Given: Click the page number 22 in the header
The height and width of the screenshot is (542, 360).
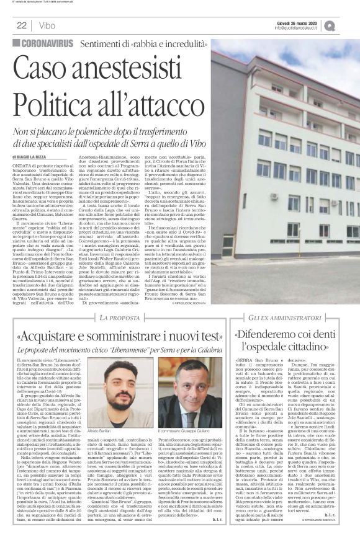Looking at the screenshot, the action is pos(21,26).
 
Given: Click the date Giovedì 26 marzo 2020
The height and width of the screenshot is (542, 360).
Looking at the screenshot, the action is pos(300,23).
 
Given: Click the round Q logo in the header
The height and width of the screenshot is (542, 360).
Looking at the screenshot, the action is pos(346,26).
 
